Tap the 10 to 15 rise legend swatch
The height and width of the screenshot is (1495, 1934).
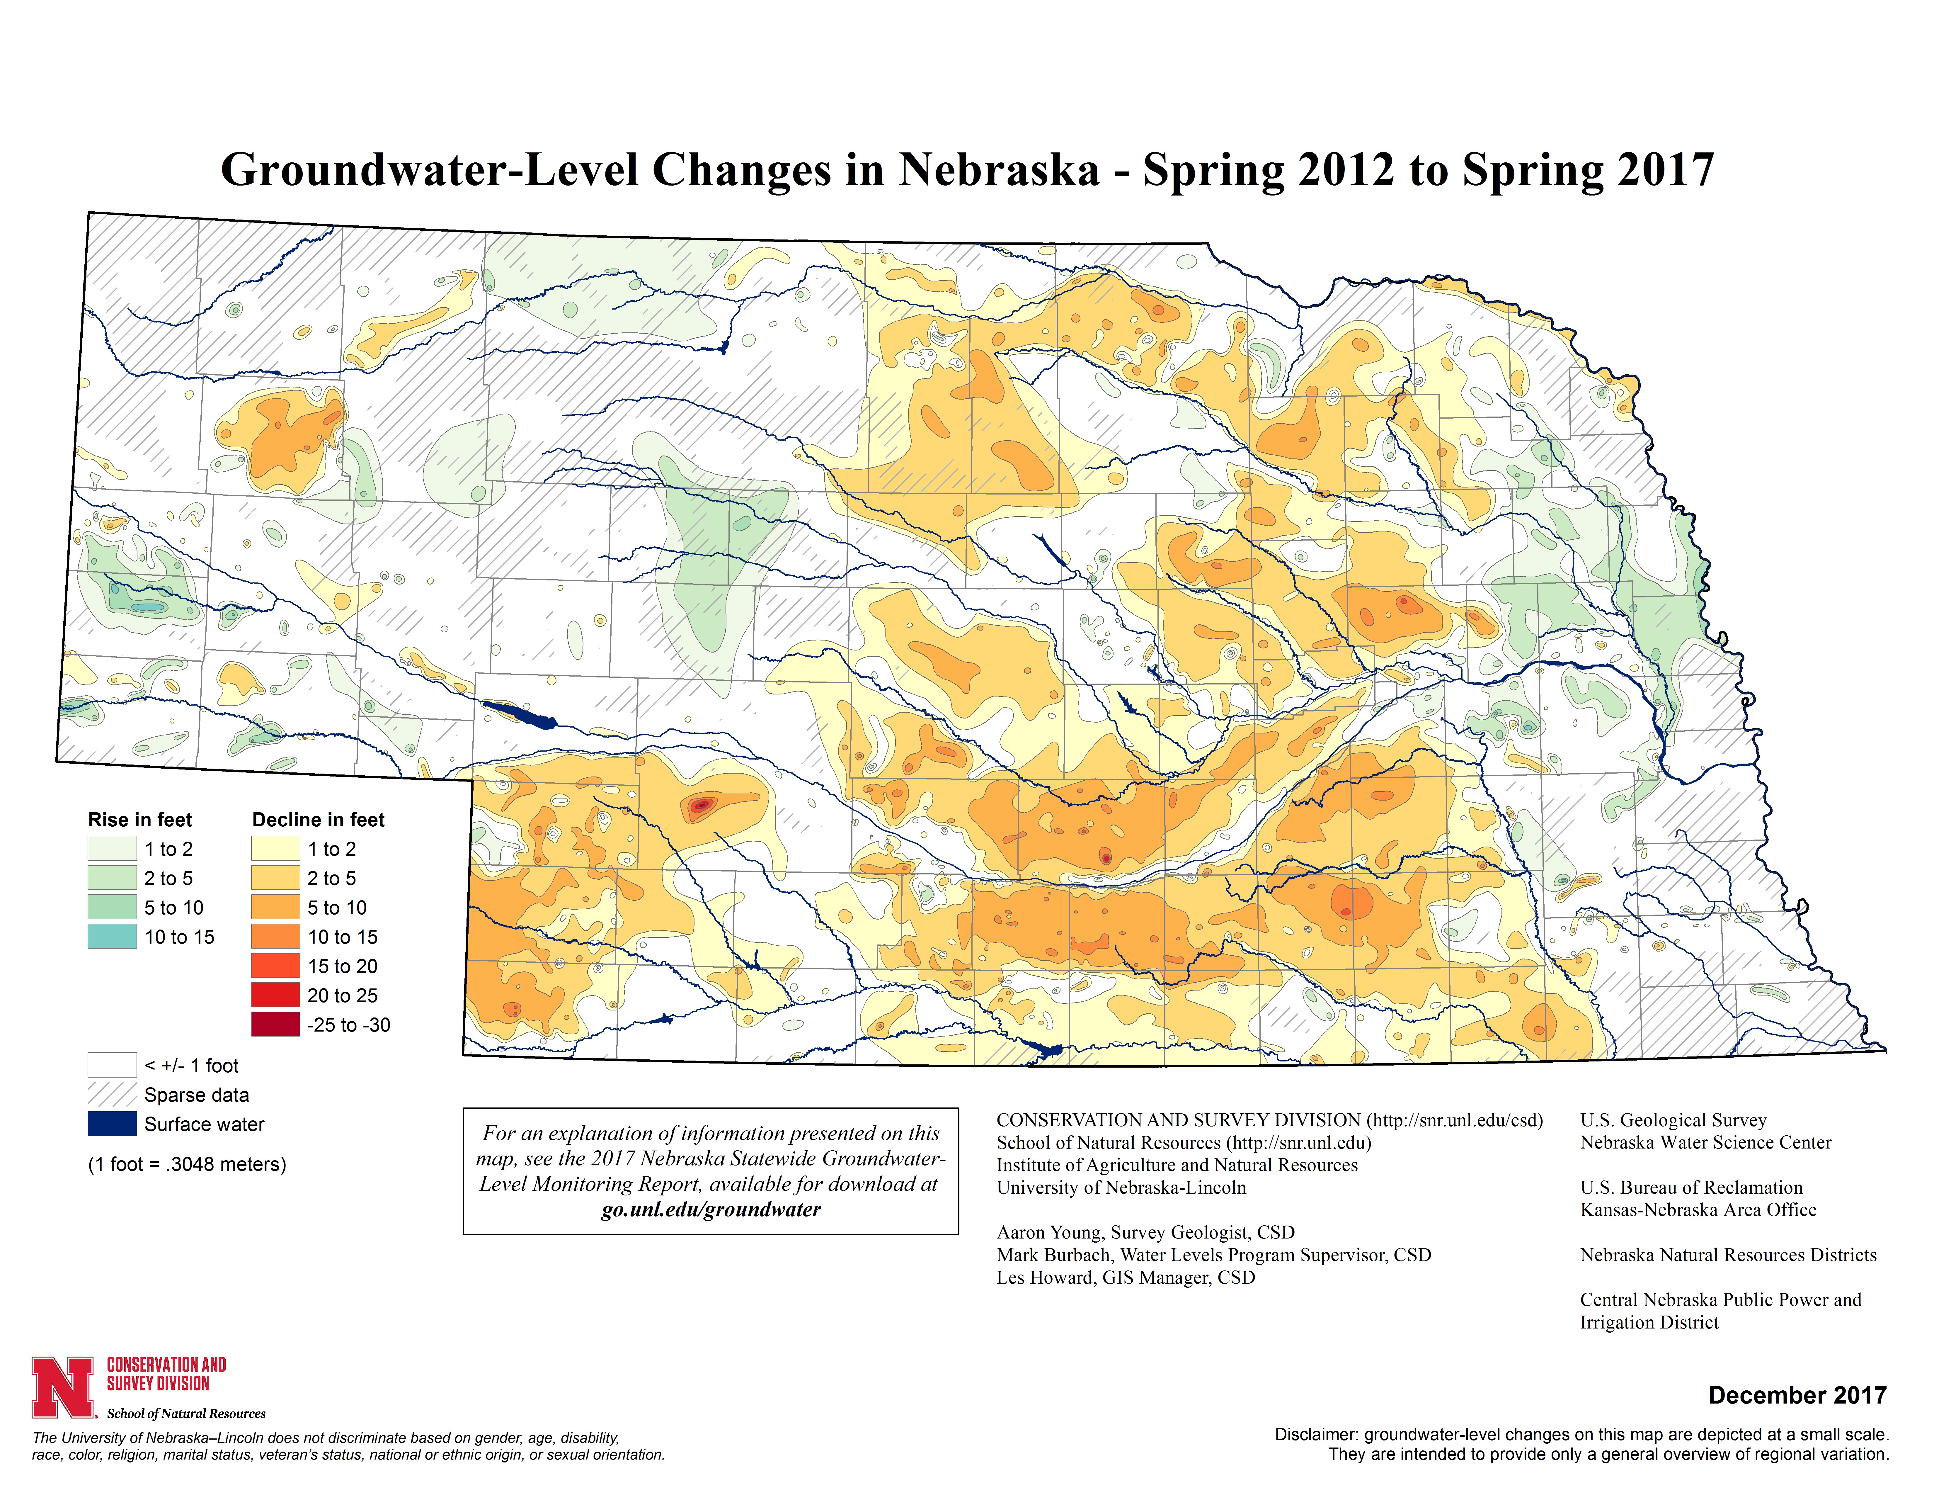[112, 936]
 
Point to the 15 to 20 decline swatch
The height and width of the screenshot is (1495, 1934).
[275, 965]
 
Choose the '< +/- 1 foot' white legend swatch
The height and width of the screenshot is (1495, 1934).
[112, 1065]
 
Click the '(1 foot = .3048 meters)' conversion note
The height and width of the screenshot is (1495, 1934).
[187, 1164]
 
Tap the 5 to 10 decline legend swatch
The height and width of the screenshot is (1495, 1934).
[275, 907]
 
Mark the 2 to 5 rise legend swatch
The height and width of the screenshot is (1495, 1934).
[112, 878]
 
